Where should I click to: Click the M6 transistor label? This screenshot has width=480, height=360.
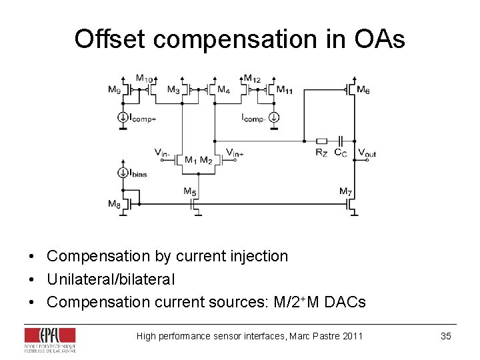click(x=363, y=90)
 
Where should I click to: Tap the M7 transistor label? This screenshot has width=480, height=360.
click(x=345, y=192)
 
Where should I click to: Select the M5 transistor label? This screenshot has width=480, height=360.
click(x=190, y=192)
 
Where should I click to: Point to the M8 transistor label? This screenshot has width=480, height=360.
click(x=115, y=204)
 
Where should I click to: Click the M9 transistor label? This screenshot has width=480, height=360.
click(x=115, y=90)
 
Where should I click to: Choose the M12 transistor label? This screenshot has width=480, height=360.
click(x=252, y=78)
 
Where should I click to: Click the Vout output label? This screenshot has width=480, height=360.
click(x=367, y=153)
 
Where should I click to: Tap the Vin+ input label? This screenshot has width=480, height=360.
click(x=235, y=153)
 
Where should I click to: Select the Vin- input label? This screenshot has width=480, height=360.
click(x=162, y=153)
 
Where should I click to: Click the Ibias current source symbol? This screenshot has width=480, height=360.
click(x=123, y=173)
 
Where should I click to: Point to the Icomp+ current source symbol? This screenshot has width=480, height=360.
click(x=123, y=118)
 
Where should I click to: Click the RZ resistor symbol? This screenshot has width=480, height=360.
click(x=321, y=141)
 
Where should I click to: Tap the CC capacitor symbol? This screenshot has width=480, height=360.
click(x=340, y=141)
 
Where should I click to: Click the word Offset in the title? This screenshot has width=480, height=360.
click(x=111, y=39)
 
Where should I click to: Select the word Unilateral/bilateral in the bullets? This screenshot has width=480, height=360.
click(x=111, y=279)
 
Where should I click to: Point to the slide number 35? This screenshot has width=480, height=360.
click(x=446, y=336)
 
